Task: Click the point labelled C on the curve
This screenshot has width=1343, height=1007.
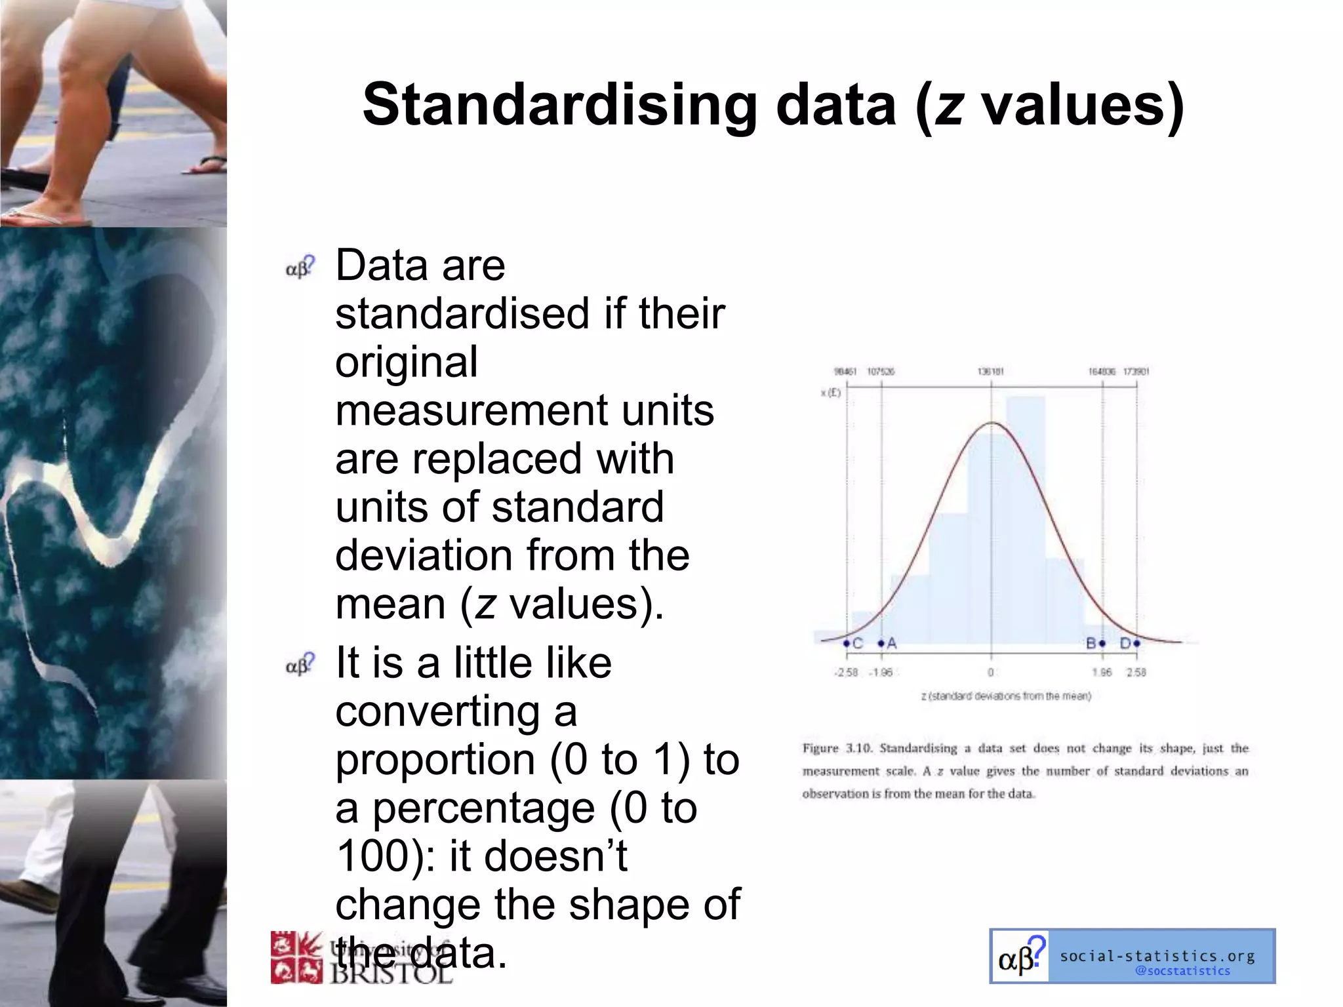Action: [847, 643]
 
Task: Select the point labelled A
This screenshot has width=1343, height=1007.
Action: [881, 643]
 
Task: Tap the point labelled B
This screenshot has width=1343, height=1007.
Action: [1102, 643]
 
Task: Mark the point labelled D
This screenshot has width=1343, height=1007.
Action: [1136, 643]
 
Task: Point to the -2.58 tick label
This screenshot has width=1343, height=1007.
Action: [846, 672]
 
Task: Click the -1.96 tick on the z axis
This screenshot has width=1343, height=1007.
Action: [881, 672]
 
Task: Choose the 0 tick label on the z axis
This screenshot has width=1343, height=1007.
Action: [991, 672]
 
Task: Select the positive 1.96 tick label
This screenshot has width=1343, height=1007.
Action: [1102, 672]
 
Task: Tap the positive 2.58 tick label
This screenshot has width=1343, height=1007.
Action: [1136, 672]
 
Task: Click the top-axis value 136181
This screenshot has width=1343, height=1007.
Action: [991, 372]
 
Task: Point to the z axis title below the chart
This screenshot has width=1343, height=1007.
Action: [1006, 696]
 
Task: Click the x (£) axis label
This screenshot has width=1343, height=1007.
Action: [830, 393]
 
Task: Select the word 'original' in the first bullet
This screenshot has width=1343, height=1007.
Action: [407, 363]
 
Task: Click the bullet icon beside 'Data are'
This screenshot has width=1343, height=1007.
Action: [300, 267]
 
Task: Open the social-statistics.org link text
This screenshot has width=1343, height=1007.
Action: [1157, 955]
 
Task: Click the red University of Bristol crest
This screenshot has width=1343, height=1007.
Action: [296, 957]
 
